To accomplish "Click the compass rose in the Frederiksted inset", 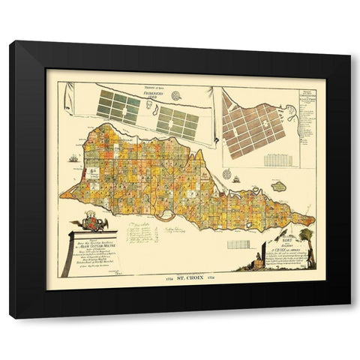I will [178, 97].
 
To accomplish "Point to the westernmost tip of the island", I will [62, 196].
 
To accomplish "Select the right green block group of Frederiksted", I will [178, 122].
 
